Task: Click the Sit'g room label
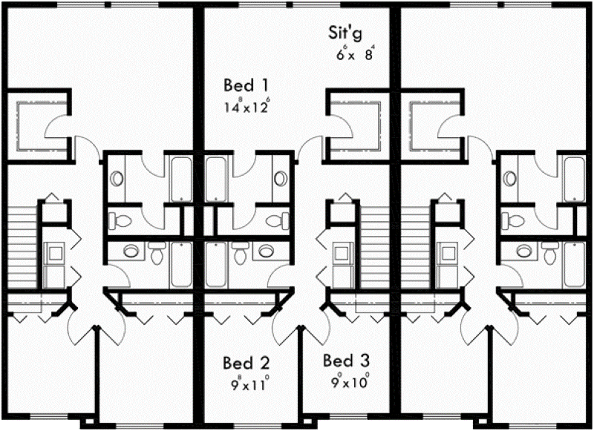click(345, 33)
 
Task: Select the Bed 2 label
click(247, 363)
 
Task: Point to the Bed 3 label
click(346, 361)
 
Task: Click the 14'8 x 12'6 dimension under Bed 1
click(247, 106)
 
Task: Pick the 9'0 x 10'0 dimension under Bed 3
click(350, 382)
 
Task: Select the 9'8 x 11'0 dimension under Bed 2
click(250, 384)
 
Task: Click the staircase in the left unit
click(22, 247)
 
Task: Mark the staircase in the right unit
click(415, 247)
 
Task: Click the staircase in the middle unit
click(374, 247)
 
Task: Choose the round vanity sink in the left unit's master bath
click(117, 178)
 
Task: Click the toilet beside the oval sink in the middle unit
click(239, 253)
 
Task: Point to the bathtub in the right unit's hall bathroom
click(574, 265)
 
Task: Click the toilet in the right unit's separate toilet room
click(511, 220)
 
